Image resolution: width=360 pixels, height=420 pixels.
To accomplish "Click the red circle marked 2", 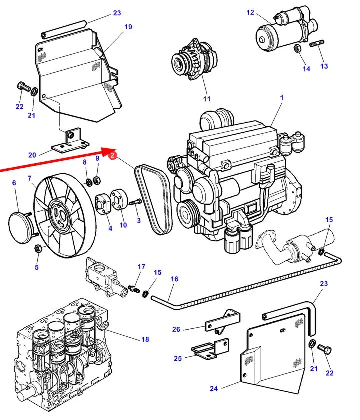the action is coord(112,155).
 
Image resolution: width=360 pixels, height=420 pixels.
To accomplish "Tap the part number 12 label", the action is coord(250,12).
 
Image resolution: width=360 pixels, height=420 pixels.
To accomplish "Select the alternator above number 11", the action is coord(194,59).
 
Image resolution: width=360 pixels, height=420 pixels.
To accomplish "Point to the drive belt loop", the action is coord(154,199).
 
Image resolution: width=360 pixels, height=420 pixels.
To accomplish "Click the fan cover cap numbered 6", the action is coord(21,227).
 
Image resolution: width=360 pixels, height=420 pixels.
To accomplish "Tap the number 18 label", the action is coord(145,339).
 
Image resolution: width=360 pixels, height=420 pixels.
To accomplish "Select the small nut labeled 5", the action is coord(38,248).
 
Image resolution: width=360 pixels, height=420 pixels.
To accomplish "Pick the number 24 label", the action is coord(214,388).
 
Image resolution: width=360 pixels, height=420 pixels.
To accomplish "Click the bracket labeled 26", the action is coord(222,322).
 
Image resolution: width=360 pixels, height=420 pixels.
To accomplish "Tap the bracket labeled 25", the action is coord(210,349).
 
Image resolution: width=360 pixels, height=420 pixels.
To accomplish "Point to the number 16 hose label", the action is coord(174,279).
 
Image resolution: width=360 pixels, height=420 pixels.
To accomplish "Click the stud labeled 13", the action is coord(317,43).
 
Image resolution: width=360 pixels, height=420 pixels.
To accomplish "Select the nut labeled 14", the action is coord(297,49).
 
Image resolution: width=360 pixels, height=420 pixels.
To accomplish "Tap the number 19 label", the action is coord(128,27).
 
